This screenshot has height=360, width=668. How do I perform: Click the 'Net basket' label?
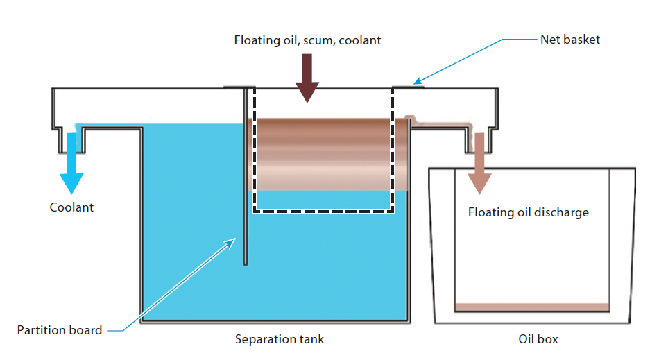(570, 40)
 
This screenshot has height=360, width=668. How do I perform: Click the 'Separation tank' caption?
(279, 339)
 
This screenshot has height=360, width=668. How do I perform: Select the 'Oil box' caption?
(538, 339)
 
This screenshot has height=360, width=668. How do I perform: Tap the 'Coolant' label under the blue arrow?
(71, 207)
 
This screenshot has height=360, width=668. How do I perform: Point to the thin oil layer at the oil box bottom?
(532, 307)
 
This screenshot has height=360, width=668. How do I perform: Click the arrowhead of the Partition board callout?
(234, 240)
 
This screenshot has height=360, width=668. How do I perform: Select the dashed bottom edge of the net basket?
(323, 212)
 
